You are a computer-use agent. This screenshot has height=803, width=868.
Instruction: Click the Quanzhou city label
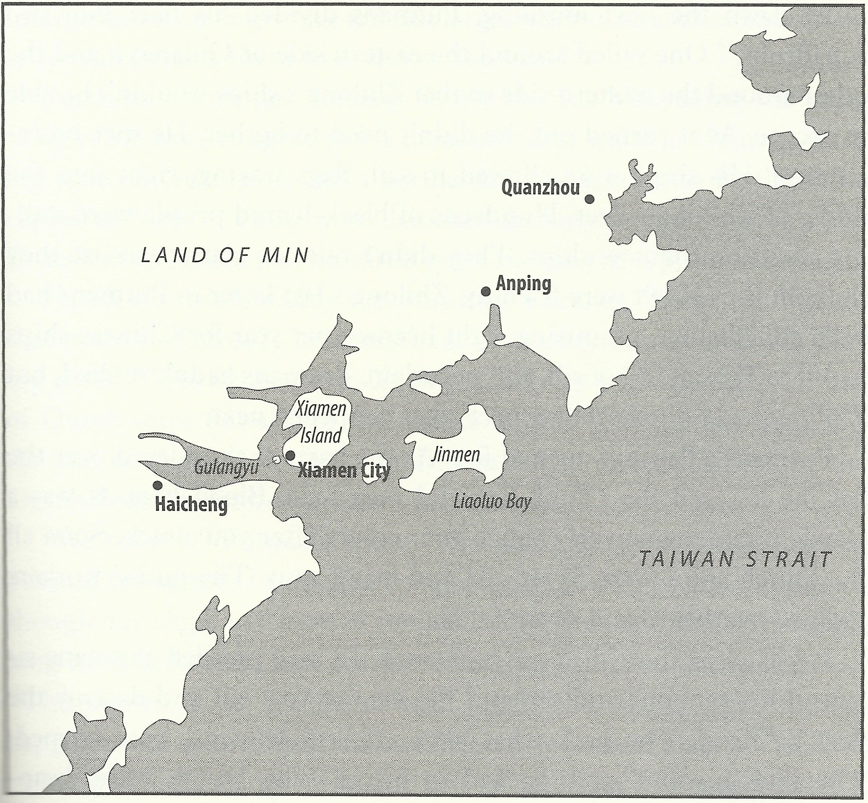[540, 188]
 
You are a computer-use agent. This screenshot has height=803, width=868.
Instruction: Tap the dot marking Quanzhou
[589, 199]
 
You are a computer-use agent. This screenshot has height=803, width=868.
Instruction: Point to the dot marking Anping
[486, 291]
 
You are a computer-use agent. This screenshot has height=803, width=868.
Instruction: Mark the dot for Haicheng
[157, 485]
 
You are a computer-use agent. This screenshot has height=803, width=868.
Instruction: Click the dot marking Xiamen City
[290, 455]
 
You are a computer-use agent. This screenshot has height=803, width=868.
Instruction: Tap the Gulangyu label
[226, 467]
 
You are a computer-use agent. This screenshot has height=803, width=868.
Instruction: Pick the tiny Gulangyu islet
[276, 459]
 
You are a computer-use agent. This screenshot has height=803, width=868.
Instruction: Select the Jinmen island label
[455, 455]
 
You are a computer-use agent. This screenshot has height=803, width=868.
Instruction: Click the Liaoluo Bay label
[492, 502]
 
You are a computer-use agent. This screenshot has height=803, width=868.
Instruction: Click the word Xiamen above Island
[321, 409]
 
